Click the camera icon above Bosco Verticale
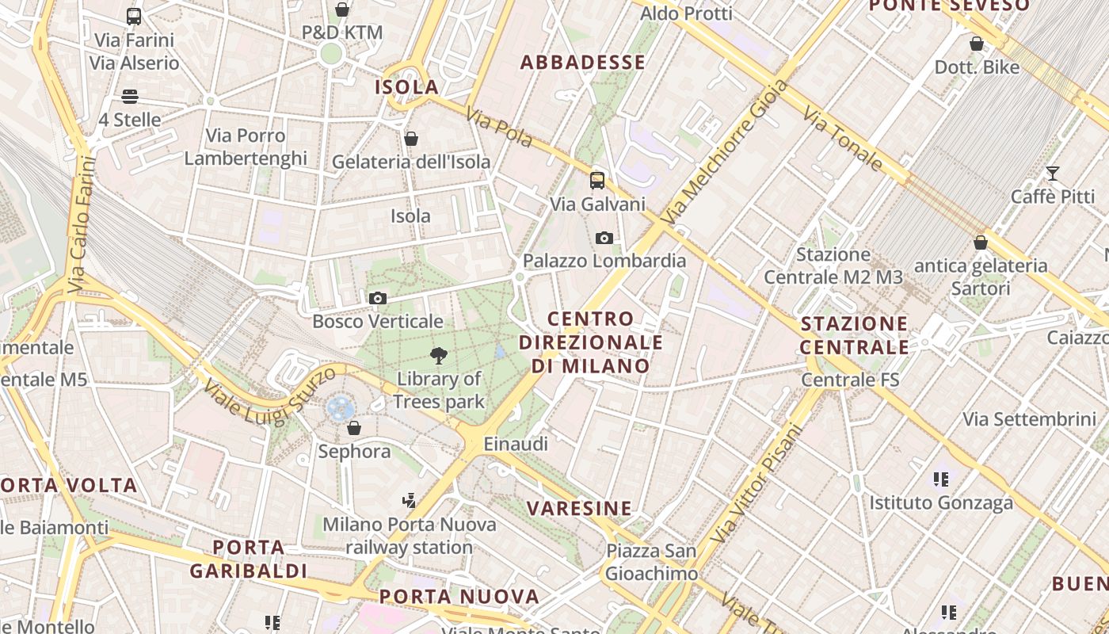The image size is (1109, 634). (378, 299)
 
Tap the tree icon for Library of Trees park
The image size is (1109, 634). (438, 356)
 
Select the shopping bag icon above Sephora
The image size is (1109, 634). (354, 428)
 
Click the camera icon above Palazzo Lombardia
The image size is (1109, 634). (604, 238)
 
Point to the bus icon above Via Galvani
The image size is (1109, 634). (597, 181)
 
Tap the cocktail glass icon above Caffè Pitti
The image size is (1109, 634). (1053, 174)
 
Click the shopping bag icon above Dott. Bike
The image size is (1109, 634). (977, 44)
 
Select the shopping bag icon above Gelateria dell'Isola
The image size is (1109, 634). (411, 139)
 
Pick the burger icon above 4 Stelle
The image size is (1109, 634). (130, 97)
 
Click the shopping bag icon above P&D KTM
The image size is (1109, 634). (342, 10)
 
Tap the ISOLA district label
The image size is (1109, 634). (407, 87)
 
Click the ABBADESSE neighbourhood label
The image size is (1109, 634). (582, 63)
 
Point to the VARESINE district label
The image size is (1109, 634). (580, 509)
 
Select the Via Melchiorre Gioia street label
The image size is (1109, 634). (723, 151)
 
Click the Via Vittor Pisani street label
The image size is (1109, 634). (756, 485)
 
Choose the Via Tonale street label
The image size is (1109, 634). (843, 140)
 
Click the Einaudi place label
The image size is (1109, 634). (516, 444)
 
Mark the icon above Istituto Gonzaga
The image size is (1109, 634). (941, 479)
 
